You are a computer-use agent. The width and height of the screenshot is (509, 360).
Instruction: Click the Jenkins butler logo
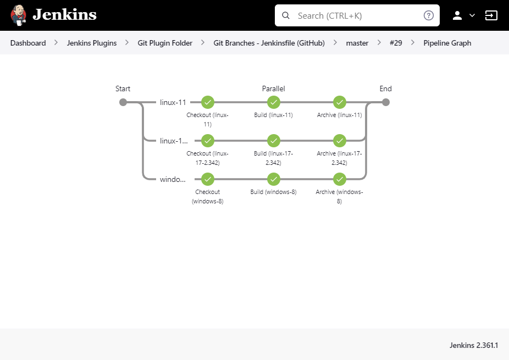[18, 15]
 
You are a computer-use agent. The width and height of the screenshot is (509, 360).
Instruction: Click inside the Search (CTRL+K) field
[357, 15]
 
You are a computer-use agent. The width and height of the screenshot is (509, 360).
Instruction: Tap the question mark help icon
[429, 15]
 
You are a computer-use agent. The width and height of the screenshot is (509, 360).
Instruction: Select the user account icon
[457, 15]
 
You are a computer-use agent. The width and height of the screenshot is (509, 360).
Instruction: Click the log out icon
[491, 15]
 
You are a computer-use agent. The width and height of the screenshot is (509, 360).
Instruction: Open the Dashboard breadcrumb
[28, 43]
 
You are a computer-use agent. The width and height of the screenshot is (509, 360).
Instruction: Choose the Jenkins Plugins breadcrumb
[92, 43]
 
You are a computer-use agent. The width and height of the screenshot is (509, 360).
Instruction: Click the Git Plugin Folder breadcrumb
[165, 43]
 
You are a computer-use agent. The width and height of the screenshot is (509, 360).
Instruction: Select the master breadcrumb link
[357, 43]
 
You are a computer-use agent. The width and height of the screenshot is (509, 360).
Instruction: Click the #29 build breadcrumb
[396, 43]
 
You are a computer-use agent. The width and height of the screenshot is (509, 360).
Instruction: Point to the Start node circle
[123, 102]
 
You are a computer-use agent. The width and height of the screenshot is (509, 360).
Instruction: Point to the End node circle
[386, 102]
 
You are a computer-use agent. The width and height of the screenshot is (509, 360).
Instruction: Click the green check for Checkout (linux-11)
[208, 102]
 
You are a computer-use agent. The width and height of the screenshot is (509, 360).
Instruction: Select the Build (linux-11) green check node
[274, 102]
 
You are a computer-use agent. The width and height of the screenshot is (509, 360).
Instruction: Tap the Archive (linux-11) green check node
[340, 102]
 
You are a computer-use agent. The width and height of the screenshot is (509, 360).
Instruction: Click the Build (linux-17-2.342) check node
[274, 141]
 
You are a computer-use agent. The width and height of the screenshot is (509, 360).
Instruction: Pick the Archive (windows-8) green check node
[340, 179]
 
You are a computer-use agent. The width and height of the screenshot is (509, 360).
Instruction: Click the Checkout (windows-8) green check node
[208, 179]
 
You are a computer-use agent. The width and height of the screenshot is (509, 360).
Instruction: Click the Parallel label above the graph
[273, 88]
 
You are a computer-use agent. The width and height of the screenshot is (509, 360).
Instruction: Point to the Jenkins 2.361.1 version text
[474, 345]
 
